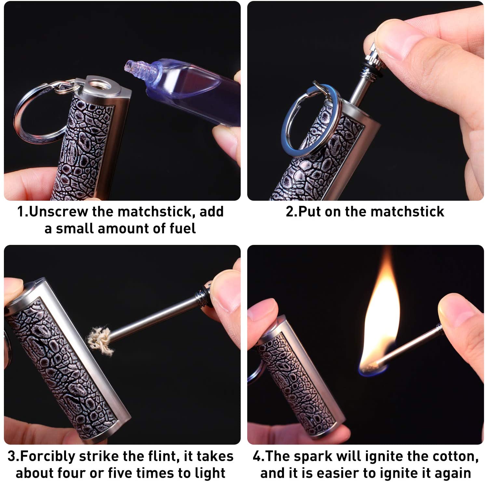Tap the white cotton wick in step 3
(100, 339)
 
